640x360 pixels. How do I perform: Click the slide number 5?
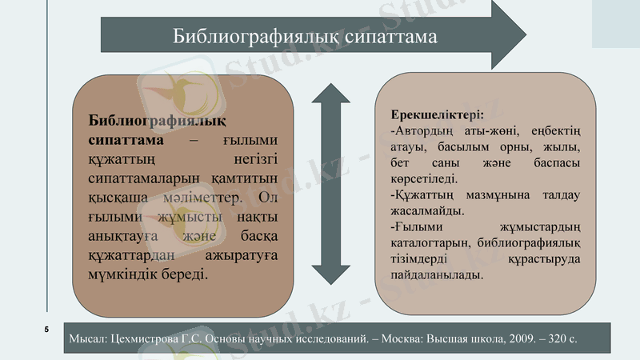(x=46, y=330)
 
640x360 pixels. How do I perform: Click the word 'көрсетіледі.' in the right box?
(x=425, y=179)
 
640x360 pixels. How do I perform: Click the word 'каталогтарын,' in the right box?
(x=430, y=243)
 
